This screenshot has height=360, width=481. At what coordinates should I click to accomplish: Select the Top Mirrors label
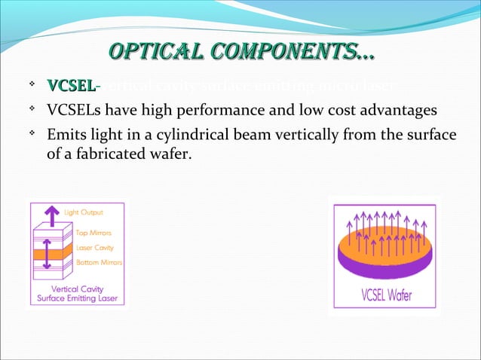(94, 233)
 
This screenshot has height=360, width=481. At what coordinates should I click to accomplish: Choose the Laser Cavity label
(95, 247)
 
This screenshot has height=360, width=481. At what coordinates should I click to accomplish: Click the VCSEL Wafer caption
(387, 294)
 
